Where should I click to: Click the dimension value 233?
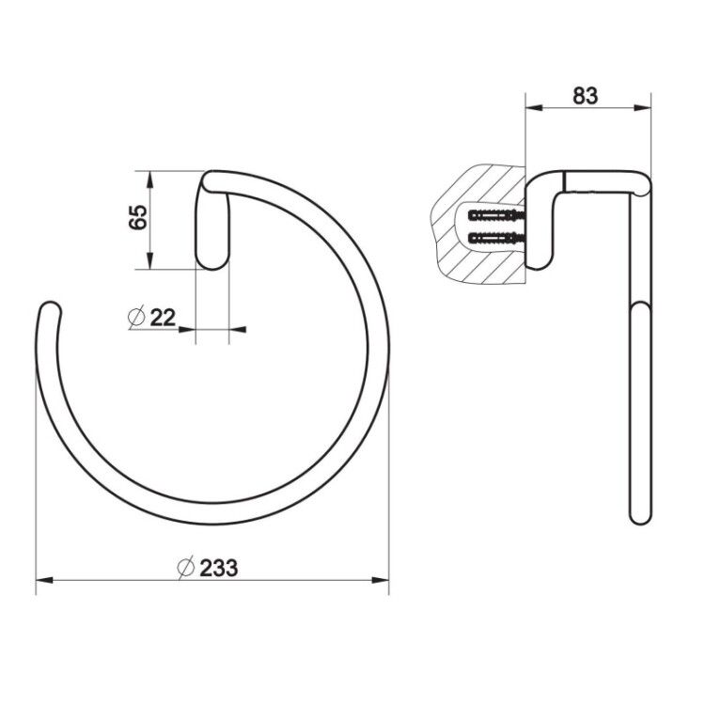pos(218,568)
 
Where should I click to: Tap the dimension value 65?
pos(138,217)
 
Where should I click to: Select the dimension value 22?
pos(163,318)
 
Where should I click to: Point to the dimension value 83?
pos(585,96)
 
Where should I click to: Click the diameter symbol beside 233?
pos(185,568)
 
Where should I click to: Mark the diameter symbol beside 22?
pos(136,318)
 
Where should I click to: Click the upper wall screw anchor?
pos(496,215)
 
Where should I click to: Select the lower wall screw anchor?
pos(496,238)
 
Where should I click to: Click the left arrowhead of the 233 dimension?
pos(44,581)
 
